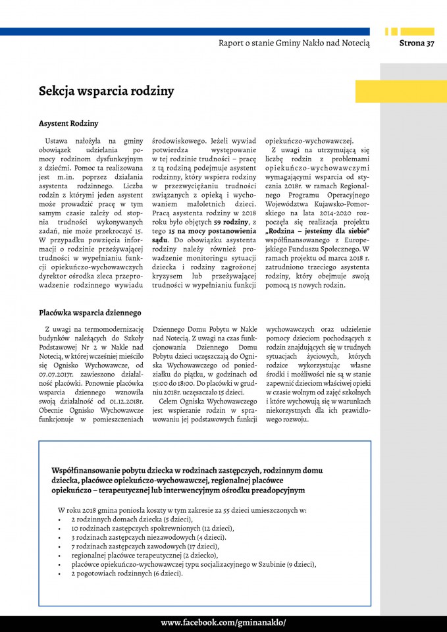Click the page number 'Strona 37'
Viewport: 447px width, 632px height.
[417, 43]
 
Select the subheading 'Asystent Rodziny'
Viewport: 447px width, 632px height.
[68, 124]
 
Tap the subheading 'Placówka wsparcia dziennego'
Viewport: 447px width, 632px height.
[90, 312]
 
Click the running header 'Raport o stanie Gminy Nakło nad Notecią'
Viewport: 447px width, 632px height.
[294, 43]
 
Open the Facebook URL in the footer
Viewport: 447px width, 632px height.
[223, 623]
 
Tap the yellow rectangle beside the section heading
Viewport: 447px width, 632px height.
[401, 92]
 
